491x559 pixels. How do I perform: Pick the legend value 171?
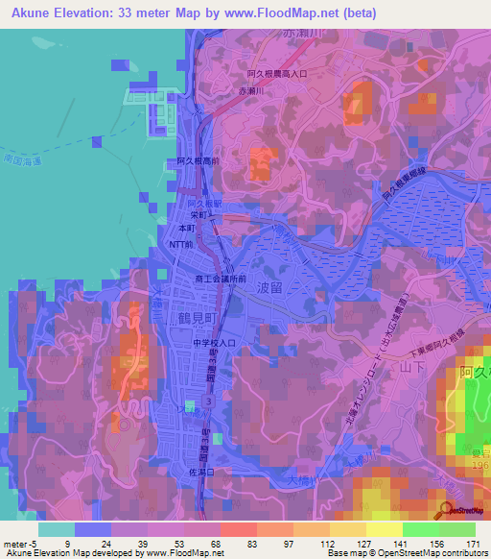pyautogui.click(x=474, y=544)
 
